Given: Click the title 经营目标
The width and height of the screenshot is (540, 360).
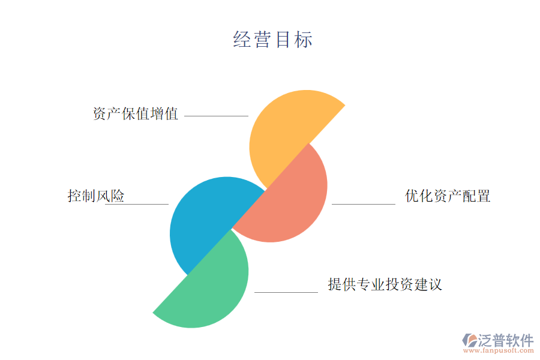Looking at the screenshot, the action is pos(273,39).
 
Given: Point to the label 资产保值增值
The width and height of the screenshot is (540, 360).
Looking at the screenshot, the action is pos(136,113).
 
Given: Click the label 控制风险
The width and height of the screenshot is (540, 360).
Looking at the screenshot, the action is pos(96,196).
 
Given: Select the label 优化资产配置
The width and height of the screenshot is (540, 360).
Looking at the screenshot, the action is pos(448,196).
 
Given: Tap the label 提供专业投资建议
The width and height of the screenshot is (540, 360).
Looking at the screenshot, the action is pos(385,284).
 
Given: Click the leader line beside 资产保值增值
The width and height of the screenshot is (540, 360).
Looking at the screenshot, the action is pos(216,116).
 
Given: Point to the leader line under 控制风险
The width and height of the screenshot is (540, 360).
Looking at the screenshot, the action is pos(137,204).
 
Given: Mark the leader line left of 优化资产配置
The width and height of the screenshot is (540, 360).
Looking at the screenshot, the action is pos(364,204).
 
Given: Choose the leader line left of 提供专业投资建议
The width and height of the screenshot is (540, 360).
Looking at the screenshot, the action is pos(286,292).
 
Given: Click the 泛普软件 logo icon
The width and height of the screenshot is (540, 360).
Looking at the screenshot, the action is pos(470,340).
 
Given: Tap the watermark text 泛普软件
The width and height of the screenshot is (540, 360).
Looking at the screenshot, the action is pos(506,340).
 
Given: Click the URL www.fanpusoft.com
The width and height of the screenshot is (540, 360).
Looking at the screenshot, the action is pos(499,350).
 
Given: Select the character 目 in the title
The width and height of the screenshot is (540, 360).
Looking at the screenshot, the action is pos(283,39).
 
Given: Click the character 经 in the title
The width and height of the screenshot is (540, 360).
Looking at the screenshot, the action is pos(241,39).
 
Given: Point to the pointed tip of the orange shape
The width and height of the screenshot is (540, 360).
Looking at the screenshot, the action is pos(345,105).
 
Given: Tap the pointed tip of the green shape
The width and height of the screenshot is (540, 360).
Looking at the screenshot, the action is pos(153,313).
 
